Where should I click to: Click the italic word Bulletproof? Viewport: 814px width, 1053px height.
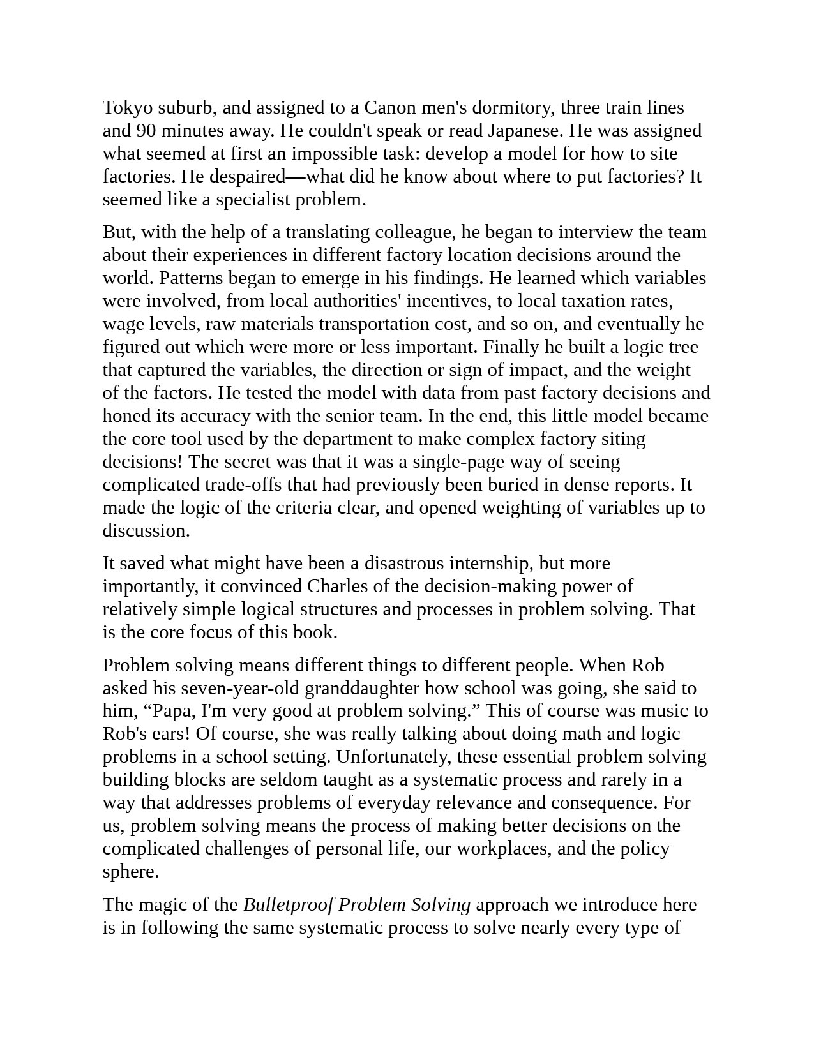[289, 905]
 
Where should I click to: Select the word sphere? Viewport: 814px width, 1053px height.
[129, 872]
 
